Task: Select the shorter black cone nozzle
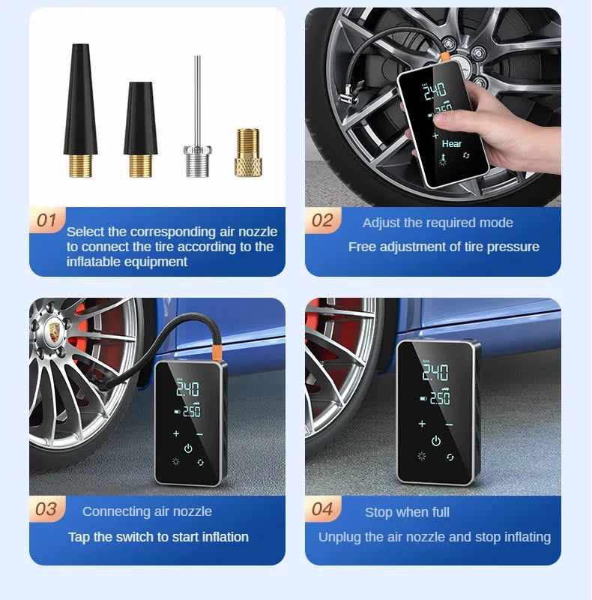click(x=140, y=127)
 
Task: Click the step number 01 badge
click(x=46, y=220)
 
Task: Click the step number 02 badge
click(x=322, y=220)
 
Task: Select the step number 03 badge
click(x=46, y=509)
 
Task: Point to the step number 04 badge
click(x=322, y=509)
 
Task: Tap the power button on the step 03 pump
click(x=188, y=449)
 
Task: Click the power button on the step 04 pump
click(x=436, y=441)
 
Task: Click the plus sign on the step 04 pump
click(x=422, y=424)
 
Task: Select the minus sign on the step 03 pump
click(x=199, y=433)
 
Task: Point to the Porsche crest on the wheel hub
click(x=54, y=330)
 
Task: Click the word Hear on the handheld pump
click(x=452, y=143)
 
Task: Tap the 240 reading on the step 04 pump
click(x=435, y=373)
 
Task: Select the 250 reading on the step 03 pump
click(x=191, y=412)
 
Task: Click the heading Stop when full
click(x=407, y=512)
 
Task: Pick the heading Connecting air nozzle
click(x=147, y=511)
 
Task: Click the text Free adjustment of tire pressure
click(x=444, y=247)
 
